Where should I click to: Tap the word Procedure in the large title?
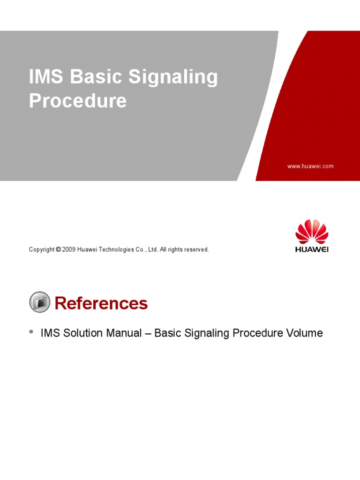tap(78, 101)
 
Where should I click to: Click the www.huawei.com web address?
tap(310, 166)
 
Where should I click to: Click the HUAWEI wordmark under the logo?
tap(312, 249)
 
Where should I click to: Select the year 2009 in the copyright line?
tap(69, 250)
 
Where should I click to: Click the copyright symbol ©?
tap(58, 250)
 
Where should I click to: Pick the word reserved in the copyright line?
tap(196, 250)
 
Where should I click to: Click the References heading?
tap(101, 304)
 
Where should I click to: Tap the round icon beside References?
tap(40, 302)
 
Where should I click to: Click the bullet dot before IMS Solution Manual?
tap(31, 331)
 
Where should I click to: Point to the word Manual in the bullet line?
tap(125, 333)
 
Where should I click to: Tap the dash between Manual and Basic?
tap(148, 333)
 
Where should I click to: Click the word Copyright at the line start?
tap(42, 250)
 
